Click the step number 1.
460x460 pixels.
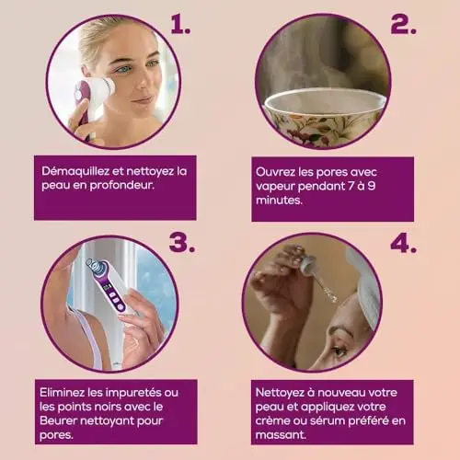pyautogui.click(x=180, y=24)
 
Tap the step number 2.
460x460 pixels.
pyautogui.click(x=403, y=24)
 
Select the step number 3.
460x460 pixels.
pyautogui.click(x=182, y=243)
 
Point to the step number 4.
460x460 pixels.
pyautogui.click(x=403, y=244)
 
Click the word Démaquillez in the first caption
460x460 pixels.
pyautogui.click(x=75, y=171)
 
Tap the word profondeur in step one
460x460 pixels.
pyautogui.click(x=121, y=186)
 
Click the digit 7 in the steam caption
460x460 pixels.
pyautogui.click(x=351, y=186)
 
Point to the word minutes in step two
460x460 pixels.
pyautogui.click(x=279, y=200)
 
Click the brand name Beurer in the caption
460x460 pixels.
pyautogui.click(x=58, y=420)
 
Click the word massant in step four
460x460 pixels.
pyautogui.click(x=281, y=434)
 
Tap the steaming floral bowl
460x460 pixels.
pyautogui.click(x=324, y=116)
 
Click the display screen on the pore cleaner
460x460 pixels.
pyautogui.click(x=107, y=287)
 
